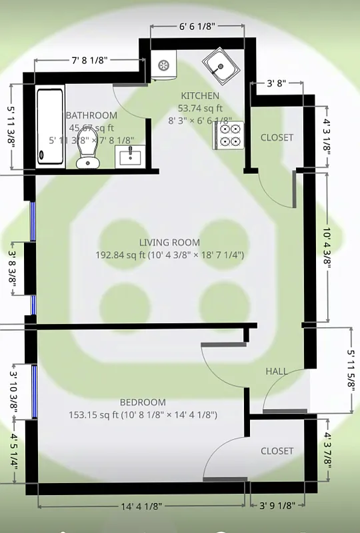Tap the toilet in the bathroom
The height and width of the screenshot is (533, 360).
click(x=85, y=149)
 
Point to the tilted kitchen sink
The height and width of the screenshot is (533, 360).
click(x=220, y=65)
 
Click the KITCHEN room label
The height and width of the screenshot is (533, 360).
click(x=200, y=96)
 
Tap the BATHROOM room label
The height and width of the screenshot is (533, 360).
click(x=91, y=115)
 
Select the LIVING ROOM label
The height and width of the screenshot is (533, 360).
click(x=169, y=243)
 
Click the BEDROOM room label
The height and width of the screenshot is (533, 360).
click(x=143, y=402)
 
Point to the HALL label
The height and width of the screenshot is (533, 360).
click(x=277, y=371)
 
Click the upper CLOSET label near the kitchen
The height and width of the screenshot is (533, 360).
click(x=277, y=138)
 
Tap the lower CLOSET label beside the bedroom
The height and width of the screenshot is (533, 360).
click(x=277, y=451)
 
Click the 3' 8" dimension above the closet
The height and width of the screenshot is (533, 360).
click(x=277, y=84)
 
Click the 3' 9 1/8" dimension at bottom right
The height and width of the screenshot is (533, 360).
click(x=277, y=506)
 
